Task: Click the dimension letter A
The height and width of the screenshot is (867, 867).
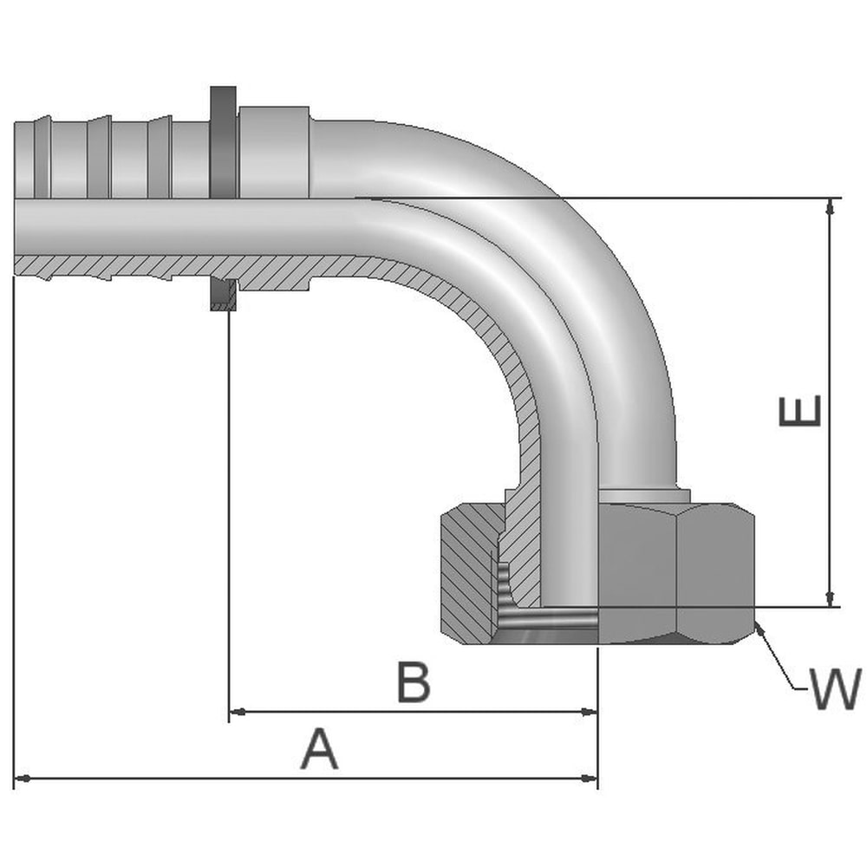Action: (x=319, y=749)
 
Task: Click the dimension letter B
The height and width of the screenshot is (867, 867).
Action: (x=414, y=681)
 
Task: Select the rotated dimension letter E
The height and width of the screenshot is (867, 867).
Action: (x=799, y=411)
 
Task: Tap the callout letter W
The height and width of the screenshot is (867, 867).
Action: (x=836, y=689)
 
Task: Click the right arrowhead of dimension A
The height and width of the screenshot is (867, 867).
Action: (x=590, y=779)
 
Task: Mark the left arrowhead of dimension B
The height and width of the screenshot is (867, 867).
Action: (x=238, y=712)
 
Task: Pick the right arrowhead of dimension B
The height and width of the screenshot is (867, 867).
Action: (x=590, y=712)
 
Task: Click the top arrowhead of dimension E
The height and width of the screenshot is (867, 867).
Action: (x=830, y=206)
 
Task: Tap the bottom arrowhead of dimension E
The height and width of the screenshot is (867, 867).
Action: (x=830, y=598)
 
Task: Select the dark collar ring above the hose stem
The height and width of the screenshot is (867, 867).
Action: (x=224, y=142)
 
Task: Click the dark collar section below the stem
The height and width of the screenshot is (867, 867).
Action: (x=224, y=294)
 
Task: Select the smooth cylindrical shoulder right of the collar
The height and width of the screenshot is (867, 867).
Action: (x=274, y=152)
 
